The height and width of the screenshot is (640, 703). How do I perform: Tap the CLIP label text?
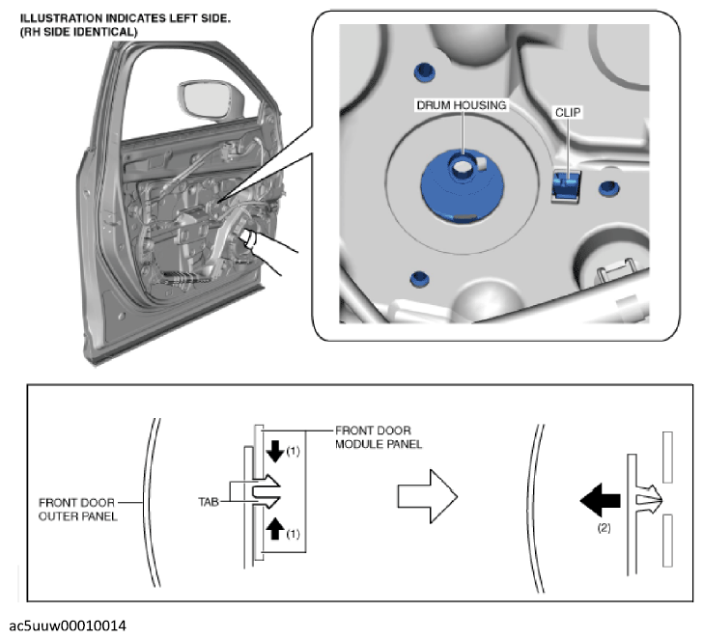[568, 111]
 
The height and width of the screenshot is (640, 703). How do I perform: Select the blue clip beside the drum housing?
[565, 184]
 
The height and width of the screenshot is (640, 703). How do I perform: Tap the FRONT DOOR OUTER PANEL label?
[80, 509]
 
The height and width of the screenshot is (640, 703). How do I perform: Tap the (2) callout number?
[606, 529]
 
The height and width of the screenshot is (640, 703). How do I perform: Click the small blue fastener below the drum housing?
[418, 280]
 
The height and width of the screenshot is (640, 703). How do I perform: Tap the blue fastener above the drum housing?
[421, 73]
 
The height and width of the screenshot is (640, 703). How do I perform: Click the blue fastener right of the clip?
[608, 187]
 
